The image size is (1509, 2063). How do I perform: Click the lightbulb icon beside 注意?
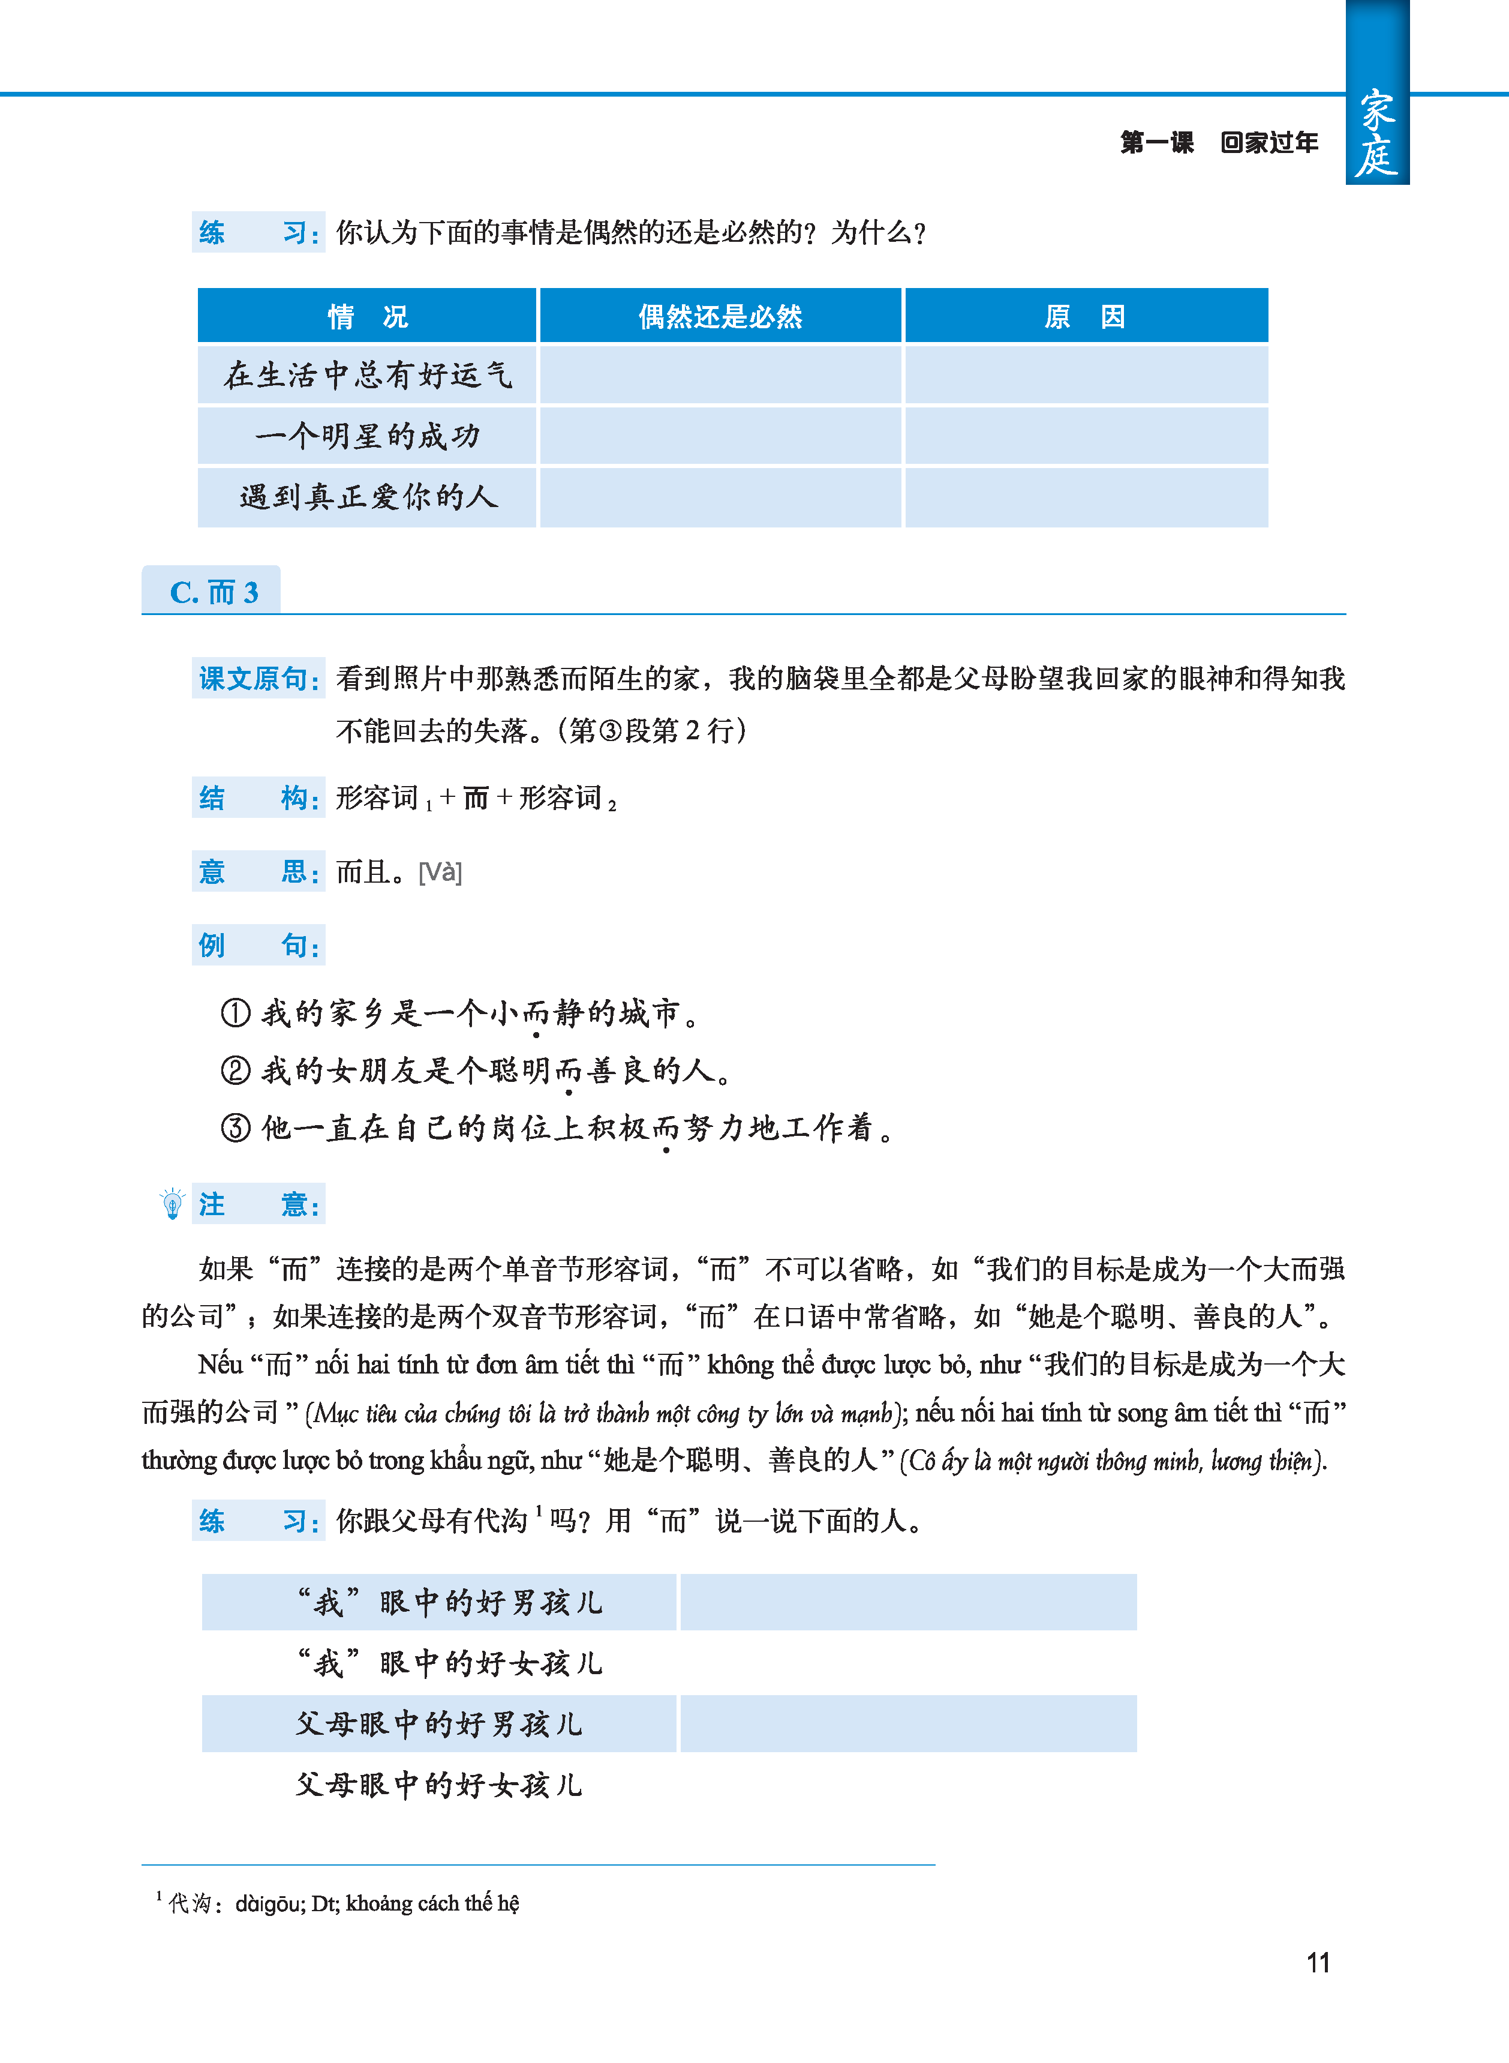coord(172,1204)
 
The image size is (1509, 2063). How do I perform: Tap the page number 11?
coord(1317,1963)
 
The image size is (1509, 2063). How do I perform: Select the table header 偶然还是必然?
coord(720,317)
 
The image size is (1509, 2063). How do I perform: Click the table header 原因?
coord(1085,317)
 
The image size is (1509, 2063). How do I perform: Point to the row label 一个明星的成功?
coord(367,436)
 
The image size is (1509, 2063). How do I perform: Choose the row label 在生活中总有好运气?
coord(367,374)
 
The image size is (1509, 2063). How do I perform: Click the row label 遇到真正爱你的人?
coord(367,497)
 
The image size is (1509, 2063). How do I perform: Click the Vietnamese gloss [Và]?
coord(440,872)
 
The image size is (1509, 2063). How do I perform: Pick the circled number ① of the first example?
coord(236,1012)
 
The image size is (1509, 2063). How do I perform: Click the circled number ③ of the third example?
coord(236,1128)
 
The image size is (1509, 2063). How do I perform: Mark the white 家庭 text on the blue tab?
coord(1376,133)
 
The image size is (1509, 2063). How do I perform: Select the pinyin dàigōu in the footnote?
coord(269,1903)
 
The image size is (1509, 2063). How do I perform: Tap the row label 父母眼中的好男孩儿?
coord(438,1724)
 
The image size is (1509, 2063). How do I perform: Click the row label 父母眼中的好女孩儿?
coord(438,1785)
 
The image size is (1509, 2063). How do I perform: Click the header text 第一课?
coord(1156,143)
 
